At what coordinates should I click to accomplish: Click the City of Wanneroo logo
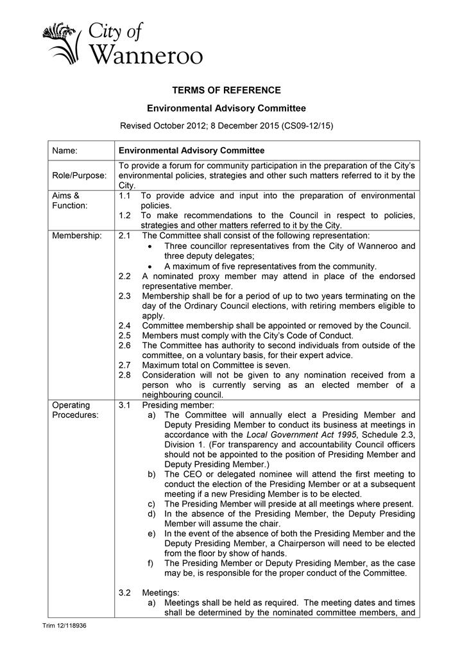pyautogui.click(x=122, y=43)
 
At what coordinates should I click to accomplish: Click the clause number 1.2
pyautogui.click(x=126, y=214)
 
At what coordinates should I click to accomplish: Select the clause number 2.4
pyautogui.click(x=126, y=325)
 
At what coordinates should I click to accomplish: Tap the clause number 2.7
pyautogui.click(x=126, y=365)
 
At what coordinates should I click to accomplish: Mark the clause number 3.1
pyautogui.click(x=126, y=406)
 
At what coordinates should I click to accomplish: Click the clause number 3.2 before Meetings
pyautogui.click(x=126, y=593)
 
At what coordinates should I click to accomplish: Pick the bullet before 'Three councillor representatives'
pyautogui.click(x=150, y=246)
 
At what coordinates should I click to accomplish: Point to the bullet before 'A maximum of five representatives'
pyautogui.click(x=150, y=266)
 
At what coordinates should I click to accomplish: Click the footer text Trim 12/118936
pyautogui.click(x=64, y=624)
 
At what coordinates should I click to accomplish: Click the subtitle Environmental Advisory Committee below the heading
pyautogui.click(x=226, y=108)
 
